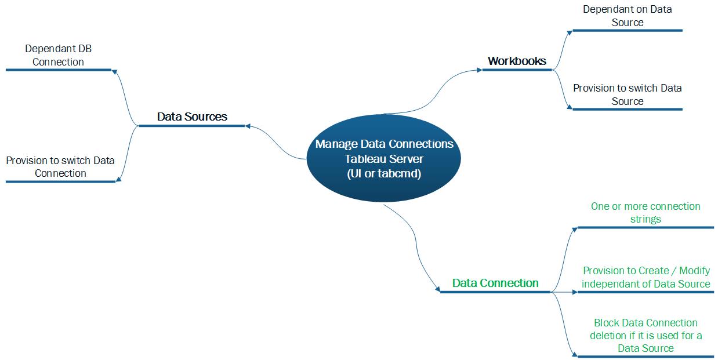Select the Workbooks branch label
coord(517,61)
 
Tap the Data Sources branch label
coord(192,117)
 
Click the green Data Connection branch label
coord(495,283)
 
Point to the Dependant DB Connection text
coord(58,56)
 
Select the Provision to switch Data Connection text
coord(60,167)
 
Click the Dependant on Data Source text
coord(627,16)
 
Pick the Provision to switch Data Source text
coord(627,94)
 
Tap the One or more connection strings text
coord(646,213)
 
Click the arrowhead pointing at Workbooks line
coord(479,70)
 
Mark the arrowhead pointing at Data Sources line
coord(248,125)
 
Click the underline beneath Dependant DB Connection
coord(58,70)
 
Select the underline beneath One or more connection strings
coord(646,227)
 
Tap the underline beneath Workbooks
coord(517,70)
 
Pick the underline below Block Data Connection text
coord(646,356)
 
